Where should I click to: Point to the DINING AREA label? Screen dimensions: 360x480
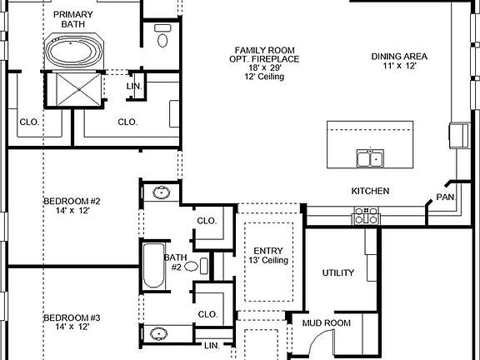point(399,57)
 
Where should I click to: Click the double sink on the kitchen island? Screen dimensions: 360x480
point(369,157)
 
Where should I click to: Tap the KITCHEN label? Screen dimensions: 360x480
point(370,191)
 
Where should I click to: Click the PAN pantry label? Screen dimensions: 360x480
point(444,198)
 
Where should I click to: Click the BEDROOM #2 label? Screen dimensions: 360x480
point(72,201)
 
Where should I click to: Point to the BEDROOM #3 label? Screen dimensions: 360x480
point(72,318)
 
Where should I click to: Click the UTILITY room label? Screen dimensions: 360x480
point(338,272)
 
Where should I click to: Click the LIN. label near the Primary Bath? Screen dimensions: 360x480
point(134,87)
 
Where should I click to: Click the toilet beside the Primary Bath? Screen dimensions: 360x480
point(162,37)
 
